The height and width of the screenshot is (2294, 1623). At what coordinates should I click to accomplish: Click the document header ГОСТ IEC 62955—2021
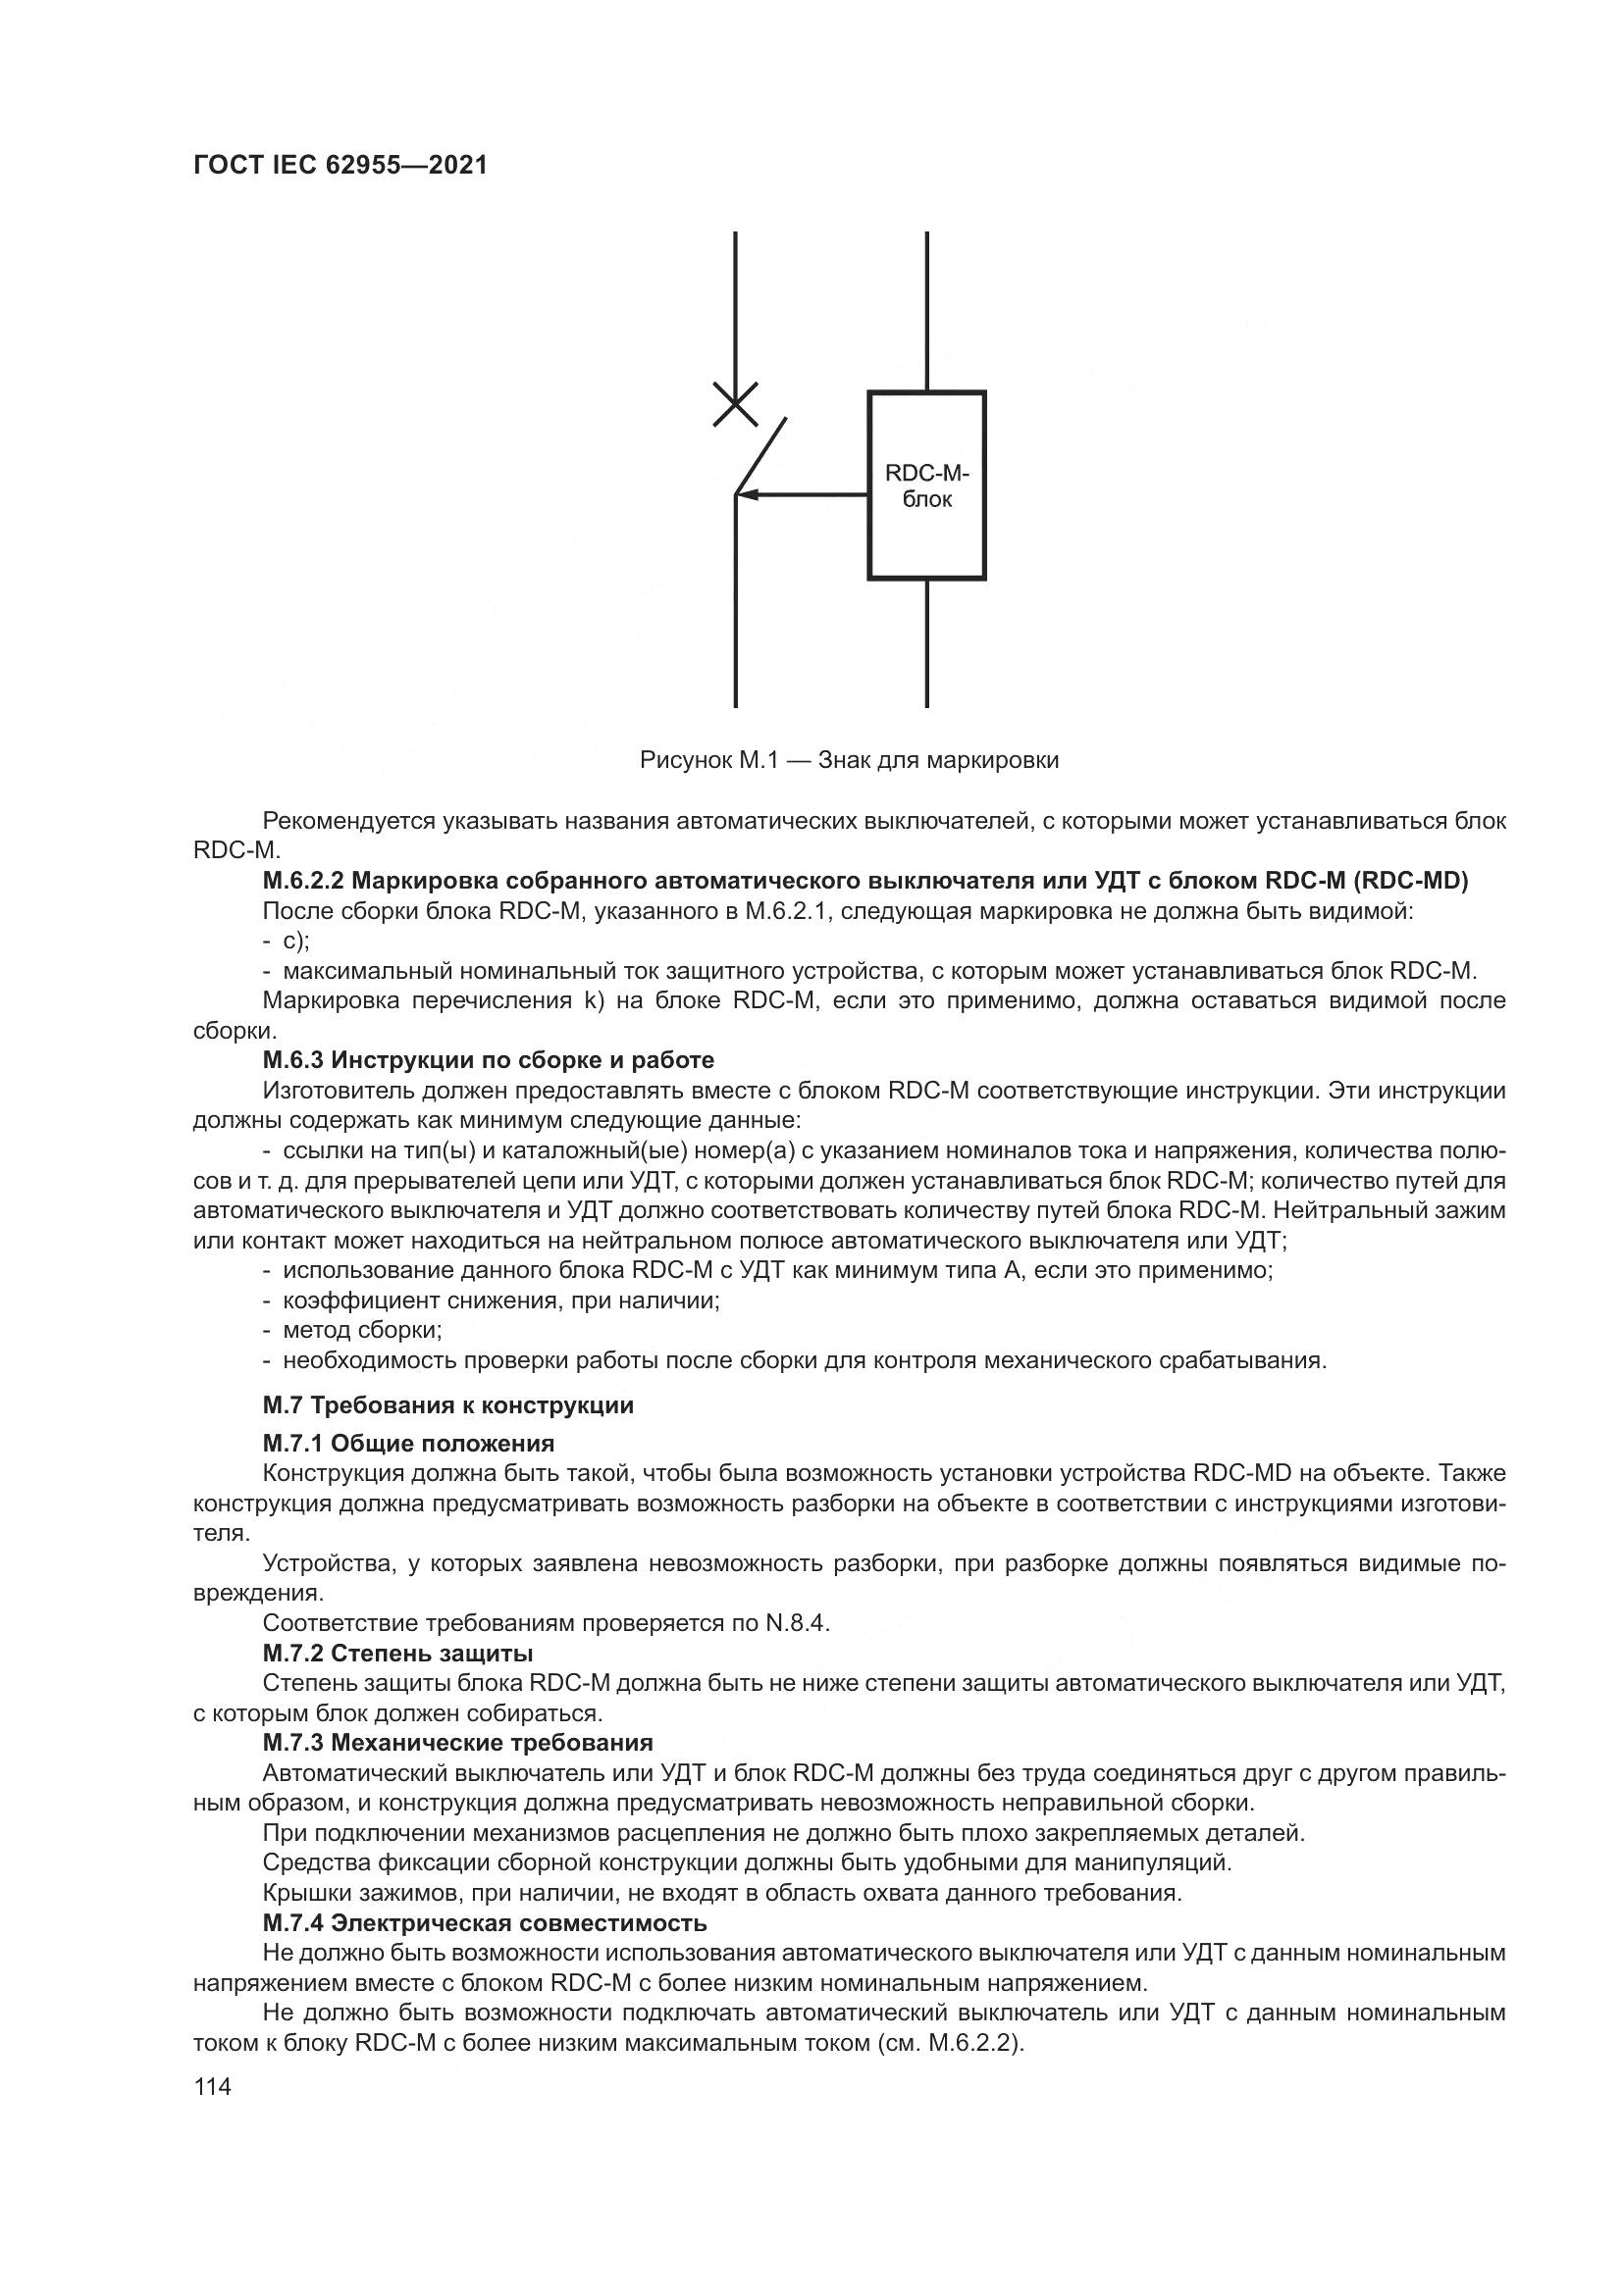coord(340,165)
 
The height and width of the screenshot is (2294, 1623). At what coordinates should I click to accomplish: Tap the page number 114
coord(212,2086)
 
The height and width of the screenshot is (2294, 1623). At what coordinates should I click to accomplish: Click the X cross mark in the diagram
coord(735,405)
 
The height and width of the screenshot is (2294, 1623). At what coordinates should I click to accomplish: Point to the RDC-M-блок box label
coord(926,485)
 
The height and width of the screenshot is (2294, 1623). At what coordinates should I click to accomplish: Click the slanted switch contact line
coord(760,456)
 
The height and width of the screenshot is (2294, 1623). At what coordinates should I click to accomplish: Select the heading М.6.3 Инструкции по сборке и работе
coord(488,1059)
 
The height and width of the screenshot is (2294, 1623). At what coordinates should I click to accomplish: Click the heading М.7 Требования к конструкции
coord(447,1404)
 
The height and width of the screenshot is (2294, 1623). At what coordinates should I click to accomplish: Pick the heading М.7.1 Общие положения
coord(408,1443)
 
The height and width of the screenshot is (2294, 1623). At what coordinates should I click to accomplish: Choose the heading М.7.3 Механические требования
coord(456,1743)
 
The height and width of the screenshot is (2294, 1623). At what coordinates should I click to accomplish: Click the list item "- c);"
coord(287,941)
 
